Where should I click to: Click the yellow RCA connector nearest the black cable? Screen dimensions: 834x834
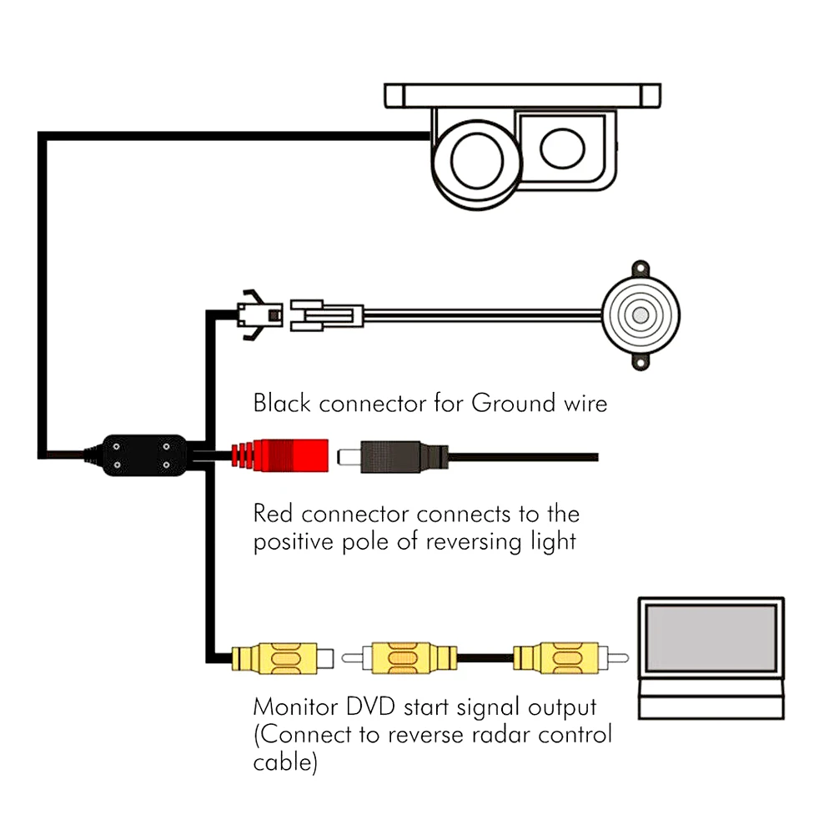(275, 656)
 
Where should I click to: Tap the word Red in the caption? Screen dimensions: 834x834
(274, 513)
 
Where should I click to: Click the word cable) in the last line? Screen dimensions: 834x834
(285, 763)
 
